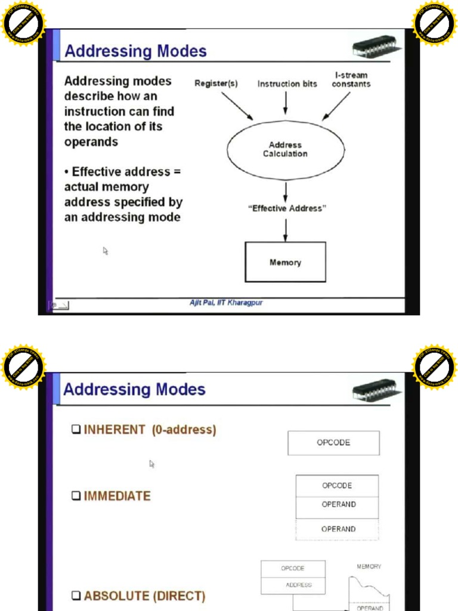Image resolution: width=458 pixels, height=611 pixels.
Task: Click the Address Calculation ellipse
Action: tap(285, 149)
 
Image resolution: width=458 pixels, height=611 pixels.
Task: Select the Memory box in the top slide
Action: tap(286, 262)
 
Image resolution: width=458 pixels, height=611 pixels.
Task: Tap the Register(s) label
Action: tap(216, 84)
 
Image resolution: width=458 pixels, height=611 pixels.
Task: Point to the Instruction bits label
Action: tap(287, 84)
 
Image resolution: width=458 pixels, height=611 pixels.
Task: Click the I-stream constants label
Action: tap(351, 80)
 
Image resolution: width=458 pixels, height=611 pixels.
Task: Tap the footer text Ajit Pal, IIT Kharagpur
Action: tap(226, 303)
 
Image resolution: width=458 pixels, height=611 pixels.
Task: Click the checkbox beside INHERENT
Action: tap(76, 430)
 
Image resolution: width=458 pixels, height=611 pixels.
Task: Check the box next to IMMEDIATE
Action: tap(76, 496)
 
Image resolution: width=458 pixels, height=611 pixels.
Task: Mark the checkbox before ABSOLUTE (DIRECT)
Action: tap(76, 595)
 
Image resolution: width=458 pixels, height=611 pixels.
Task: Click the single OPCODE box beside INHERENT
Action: tap(333, 443)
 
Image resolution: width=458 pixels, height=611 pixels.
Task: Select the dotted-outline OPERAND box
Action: tap(338, 529)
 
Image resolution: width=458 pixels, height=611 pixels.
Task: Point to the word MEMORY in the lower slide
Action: tap(369, 567)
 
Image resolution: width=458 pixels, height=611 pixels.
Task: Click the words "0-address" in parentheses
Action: tap(184, 430)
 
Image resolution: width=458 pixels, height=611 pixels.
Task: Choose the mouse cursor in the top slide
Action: tap(105, 251)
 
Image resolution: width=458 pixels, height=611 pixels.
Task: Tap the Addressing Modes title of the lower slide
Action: tap(134, 390)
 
